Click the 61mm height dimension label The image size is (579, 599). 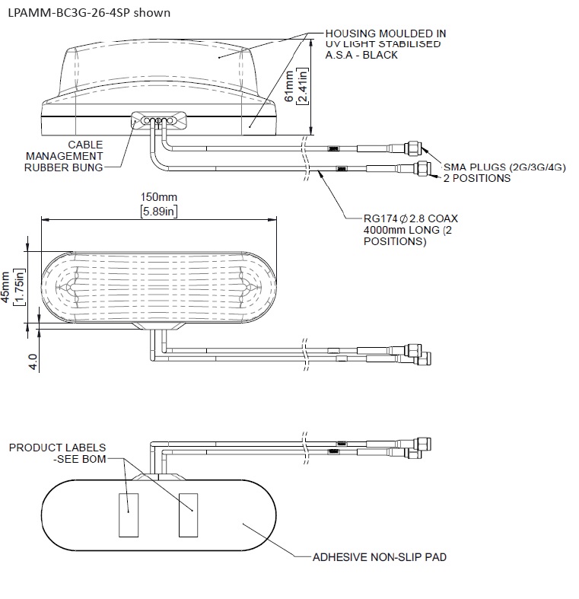(290, 87)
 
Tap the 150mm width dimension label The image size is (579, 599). (157, 197)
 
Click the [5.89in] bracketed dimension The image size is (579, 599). (158, 211)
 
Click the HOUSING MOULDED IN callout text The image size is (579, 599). (385, 34)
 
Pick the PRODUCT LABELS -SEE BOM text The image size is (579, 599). (58, 454)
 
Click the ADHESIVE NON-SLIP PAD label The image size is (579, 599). (380, 557)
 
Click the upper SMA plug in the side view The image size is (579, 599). (415, 146)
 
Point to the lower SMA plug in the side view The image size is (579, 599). (421, 167)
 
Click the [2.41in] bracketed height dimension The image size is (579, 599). (304, 87)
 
